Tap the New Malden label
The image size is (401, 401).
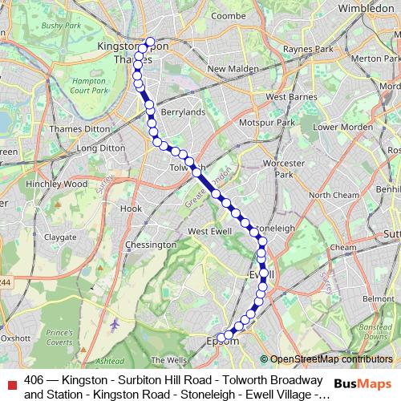pyautogui.click(x=231, y=69)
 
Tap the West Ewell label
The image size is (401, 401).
pyautogui.click(x=210, y=231)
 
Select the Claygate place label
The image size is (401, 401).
pyautogui.click(x=60, y=237)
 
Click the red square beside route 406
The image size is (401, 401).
pyautogui.click(x=10, y=382)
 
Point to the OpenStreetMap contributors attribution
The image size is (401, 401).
pyautogui.click(x=331, y=359)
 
